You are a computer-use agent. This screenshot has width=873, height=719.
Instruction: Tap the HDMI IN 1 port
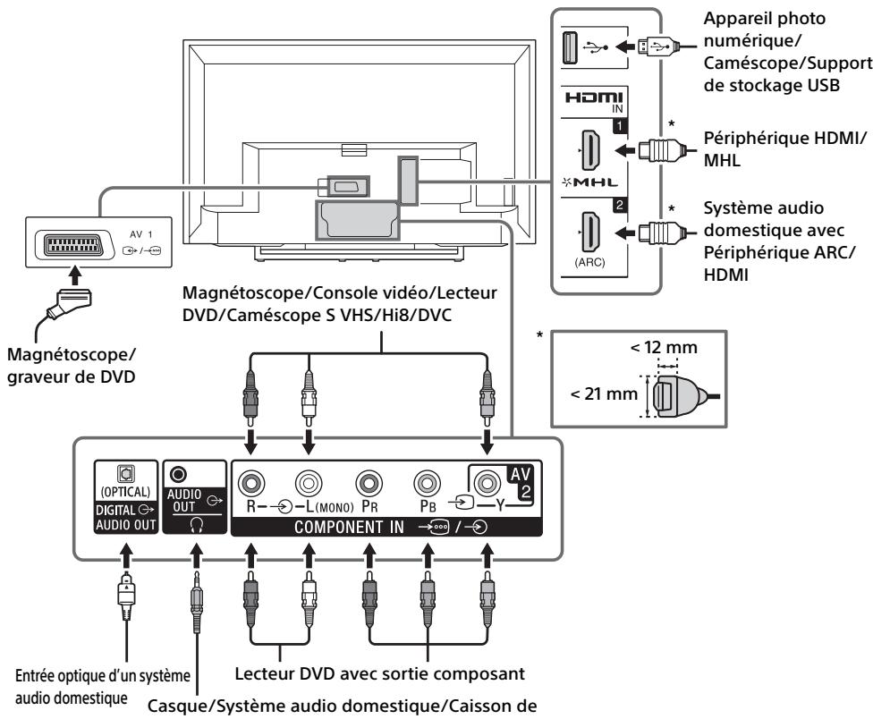pos(590,149)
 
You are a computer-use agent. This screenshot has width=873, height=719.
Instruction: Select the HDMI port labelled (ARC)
pos(590,232)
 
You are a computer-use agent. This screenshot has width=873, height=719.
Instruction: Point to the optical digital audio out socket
pos(125,474)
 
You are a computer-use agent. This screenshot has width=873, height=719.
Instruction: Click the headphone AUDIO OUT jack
pos(178,475)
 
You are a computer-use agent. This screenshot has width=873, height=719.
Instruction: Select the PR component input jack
pos(368,483)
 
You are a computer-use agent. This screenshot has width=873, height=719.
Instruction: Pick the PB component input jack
pos(427,483)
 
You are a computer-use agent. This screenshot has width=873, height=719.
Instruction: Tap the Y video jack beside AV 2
pos(487,483)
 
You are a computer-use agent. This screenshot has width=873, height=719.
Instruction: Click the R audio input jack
pos(251,483)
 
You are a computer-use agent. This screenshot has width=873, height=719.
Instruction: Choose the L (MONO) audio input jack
pos(309,483)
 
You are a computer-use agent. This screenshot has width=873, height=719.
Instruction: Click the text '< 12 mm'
pos(664,347)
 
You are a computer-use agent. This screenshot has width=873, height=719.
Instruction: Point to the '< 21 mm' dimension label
pos(604,394)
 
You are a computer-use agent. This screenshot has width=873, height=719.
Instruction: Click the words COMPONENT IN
pos(349,527)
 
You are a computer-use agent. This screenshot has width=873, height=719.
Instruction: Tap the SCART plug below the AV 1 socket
pos(71,304)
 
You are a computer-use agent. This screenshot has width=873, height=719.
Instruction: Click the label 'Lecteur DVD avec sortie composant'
pos(380,674)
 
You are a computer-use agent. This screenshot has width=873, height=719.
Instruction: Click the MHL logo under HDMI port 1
pos(590,182)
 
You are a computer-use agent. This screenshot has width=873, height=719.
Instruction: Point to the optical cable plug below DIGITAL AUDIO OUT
pos(126,595)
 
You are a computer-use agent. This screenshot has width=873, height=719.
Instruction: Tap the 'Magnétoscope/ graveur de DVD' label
pos(72,366)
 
